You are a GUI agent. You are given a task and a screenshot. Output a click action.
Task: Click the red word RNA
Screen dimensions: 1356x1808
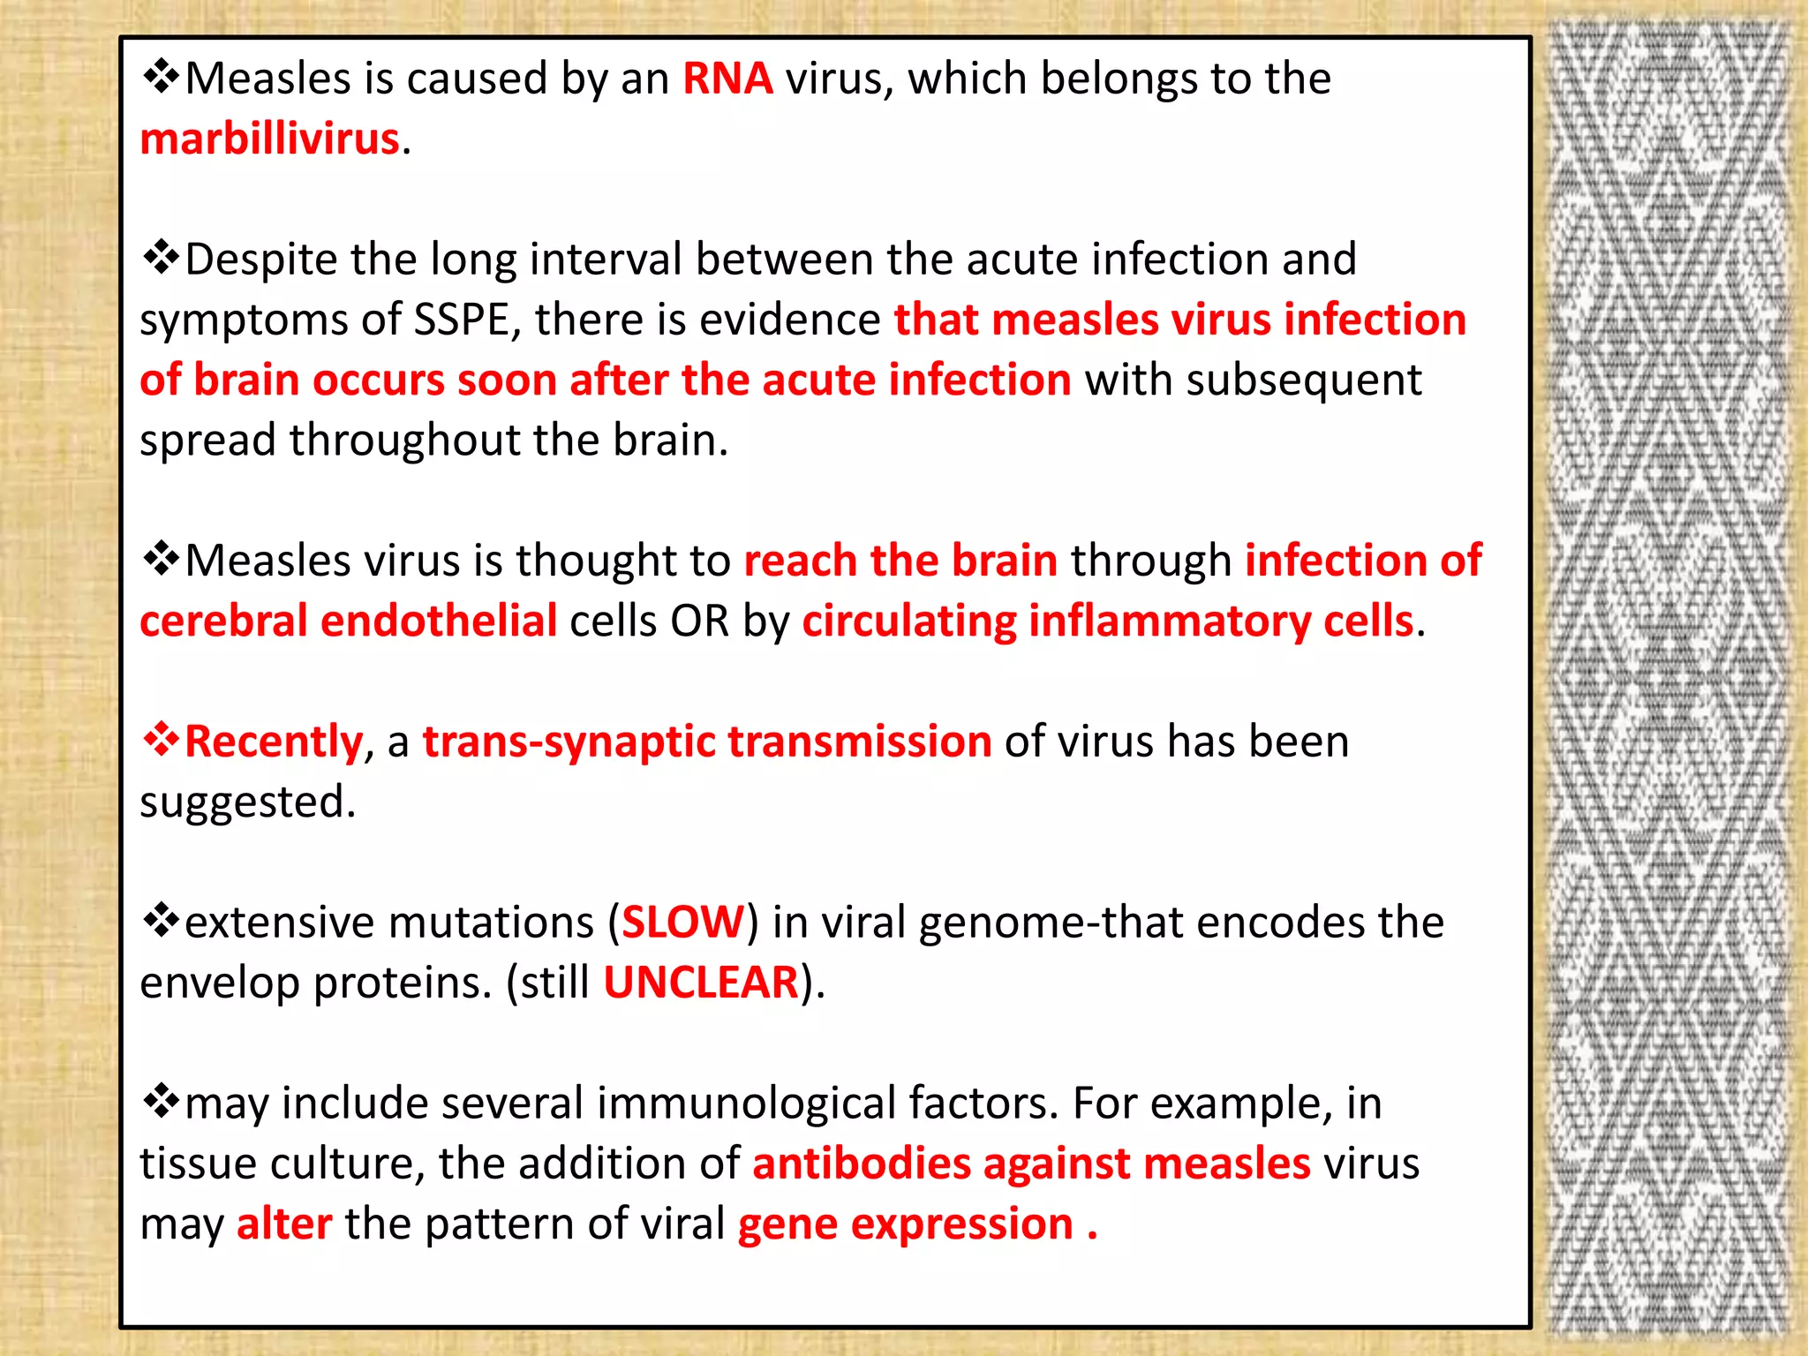(x=727, y=79)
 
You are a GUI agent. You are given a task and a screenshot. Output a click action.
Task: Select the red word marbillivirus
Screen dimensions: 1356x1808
(x=270, y=139)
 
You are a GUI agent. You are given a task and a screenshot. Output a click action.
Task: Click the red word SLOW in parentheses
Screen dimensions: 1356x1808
(x=683, y=923)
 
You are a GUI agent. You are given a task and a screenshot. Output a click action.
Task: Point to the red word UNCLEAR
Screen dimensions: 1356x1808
(x=701, y=983)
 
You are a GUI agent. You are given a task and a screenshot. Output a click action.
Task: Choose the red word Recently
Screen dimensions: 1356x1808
(x=274, y=742)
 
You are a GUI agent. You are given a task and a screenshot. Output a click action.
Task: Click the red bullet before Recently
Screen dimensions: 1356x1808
(x=161, y=740)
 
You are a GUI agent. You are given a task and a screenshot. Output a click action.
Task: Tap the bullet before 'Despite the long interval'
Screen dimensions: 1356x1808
(x=161, y=258)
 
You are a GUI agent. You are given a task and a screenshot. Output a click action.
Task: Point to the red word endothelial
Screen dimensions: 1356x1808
(x=439, y=621)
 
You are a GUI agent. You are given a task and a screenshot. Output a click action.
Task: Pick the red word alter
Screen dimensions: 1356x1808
(x=284, y=1224)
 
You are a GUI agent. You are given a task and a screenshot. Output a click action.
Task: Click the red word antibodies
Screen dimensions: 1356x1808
(x=861, y=1164)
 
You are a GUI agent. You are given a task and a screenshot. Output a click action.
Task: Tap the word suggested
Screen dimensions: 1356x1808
(x=247, y=803)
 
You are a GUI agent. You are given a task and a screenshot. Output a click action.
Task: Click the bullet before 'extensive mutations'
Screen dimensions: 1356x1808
(x=161, y=921)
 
